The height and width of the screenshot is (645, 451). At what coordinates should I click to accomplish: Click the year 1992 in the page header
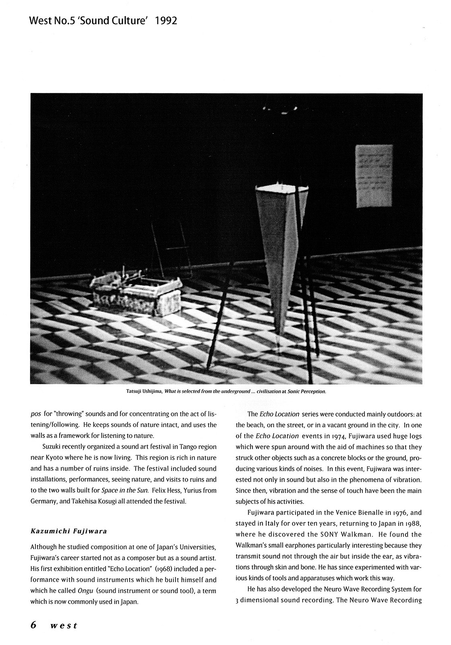(x=166, y=21)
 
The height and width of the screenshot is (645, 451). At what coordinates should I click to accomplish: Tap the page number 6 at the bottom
(x=34, y=625)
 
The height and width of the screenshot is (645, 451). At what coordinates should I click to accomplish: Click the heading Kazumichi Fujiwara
(x=68, y=531)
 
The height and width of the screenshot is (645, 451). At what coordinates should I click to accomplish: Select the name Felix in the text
(x=160, y=491)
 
